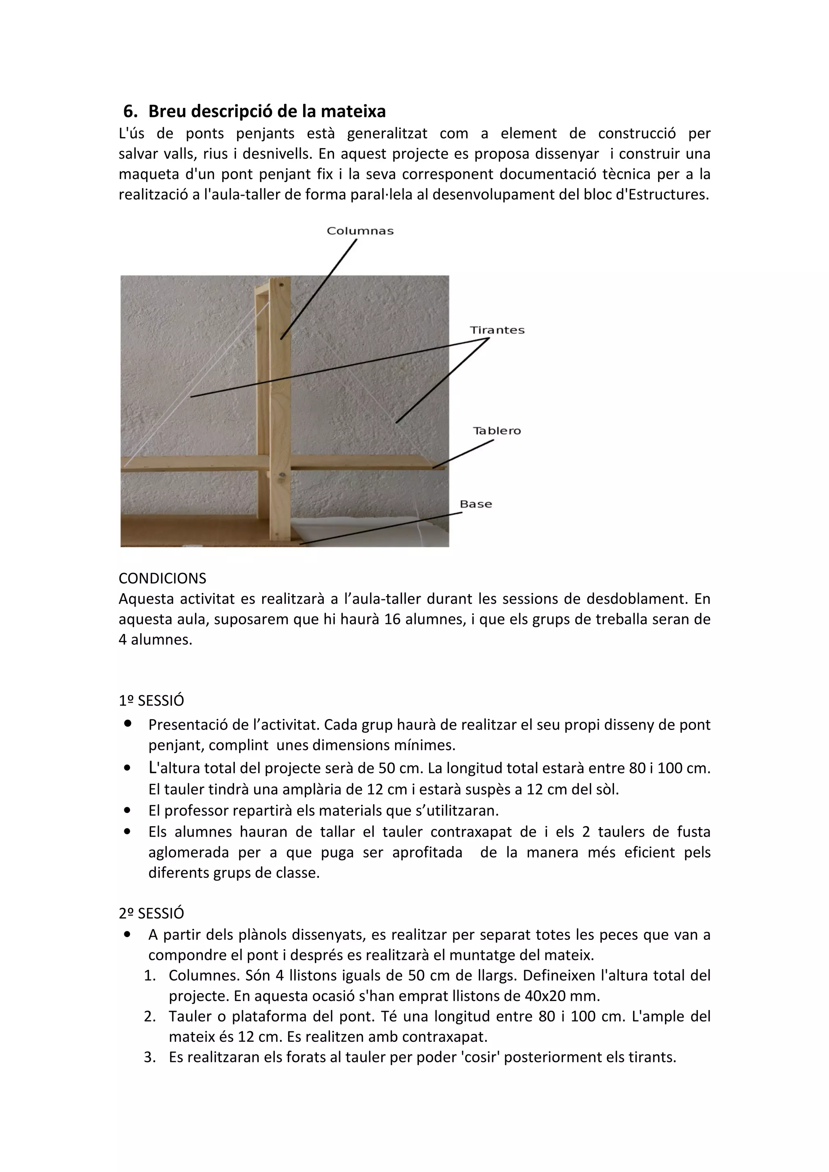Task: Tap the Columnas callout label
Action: pyautogui.click(x=360, y=231)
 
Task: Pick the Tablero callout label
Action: pyautogui.click(x=497, y=431)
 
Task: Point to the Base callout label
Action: pyautogui.click(x=476, y=504)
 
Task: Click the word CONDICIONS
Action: pyautogui.click(x=162, y=578)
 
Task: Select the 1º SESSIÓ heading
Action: pyautogui.click(x=151, y=701)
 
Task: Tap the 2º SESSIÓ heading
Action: pyautogui.click(x=151, y=913)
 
